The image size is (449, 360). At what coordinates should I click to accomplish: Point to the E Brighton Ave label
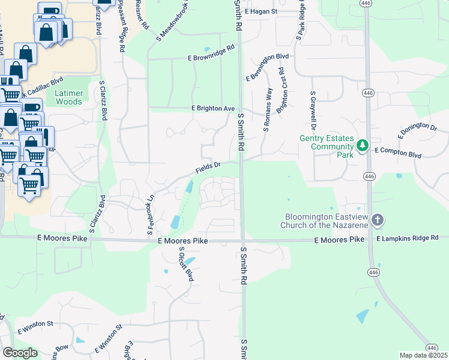[x=212, y=108]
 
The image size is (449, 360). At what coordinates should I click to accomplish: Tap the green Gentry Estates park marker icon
[x=363, y=146]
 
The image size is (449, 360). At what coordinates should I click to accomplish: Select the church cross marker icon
[x=377, y=220]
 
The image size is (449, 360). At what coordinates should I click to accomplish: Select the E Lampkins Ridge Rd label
[x=408, y=238]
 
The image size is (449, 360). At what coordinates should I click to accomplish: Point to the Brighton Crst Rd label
[x=280, y=91]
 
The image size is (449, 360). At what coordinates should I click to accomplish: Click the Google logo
[x=20, y=353]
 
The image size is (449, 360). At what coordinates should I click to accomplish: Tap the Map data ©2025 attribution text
[x=423, y=355]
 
